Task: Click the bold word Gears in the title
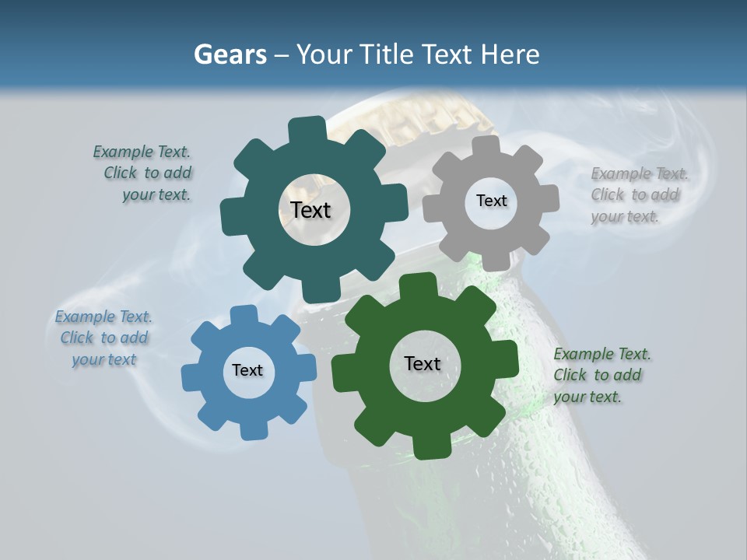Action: [230, 54]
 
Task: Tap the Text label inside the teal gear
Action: [310, 210]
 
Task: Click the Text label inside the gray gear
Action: [491, 201]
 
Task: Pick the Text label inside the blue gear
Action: [247, 370]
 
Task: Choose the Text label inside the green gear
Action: [423, 363]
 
